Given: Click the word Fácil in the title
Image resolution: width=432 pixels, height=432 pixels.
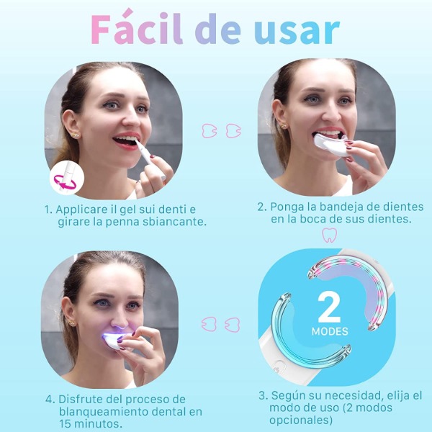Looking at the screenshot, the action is tap(137, 27).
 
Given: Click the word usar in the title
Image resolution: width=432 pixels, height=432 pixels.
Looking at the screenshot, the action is tap(297, 31).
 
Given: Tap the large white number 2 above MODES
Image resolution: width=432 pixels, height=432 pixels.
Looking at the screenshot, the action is tap(329, 307).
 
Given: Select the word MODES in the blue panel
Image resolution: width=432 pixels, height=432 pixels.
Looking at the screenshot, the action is tap(330, 331).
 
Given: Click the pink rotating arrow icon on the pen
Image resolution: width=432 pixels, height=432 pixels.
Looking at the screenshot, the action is tap(65, 182).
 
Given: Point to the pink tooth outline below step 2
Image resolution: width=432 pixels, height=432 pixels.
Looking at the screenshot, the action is tap(330, 235).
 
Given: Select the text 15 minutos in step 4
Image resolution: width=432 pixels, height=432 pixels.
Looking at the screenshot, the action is tap(91, 424).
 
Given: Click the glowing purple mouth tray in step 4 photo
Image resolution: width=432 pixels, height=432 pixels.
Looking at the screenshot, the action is tap(116, 341).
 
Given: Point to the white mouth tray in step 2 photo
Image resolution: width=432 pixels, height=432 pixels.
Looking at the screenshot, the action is tap(330, 144).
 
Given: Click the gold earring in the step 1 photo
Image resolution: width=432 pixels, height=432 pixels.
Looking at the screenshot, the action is tap(75, 135).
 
